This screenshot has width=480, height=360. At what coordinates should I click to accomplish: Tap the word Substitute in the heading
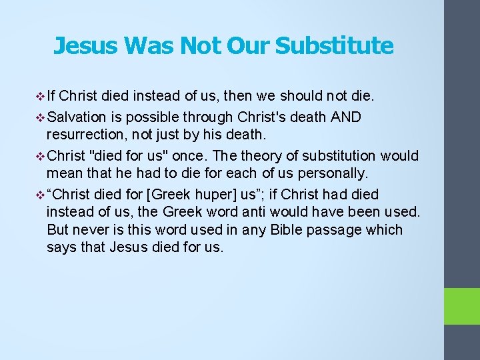click(x=334, y=45)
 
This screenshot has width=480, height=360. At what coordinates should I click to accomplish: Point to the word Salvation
click(x=77, y=117)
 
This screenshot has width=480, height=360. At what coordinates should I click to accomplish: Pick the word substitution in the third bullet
click(x=339, y=156)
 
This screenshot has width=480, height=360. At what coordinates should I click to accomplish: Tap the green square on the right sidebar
click(x=462, y=306)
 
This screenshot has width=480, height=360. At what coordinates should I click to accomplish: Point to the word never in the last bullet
click(x=93, y=230)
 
